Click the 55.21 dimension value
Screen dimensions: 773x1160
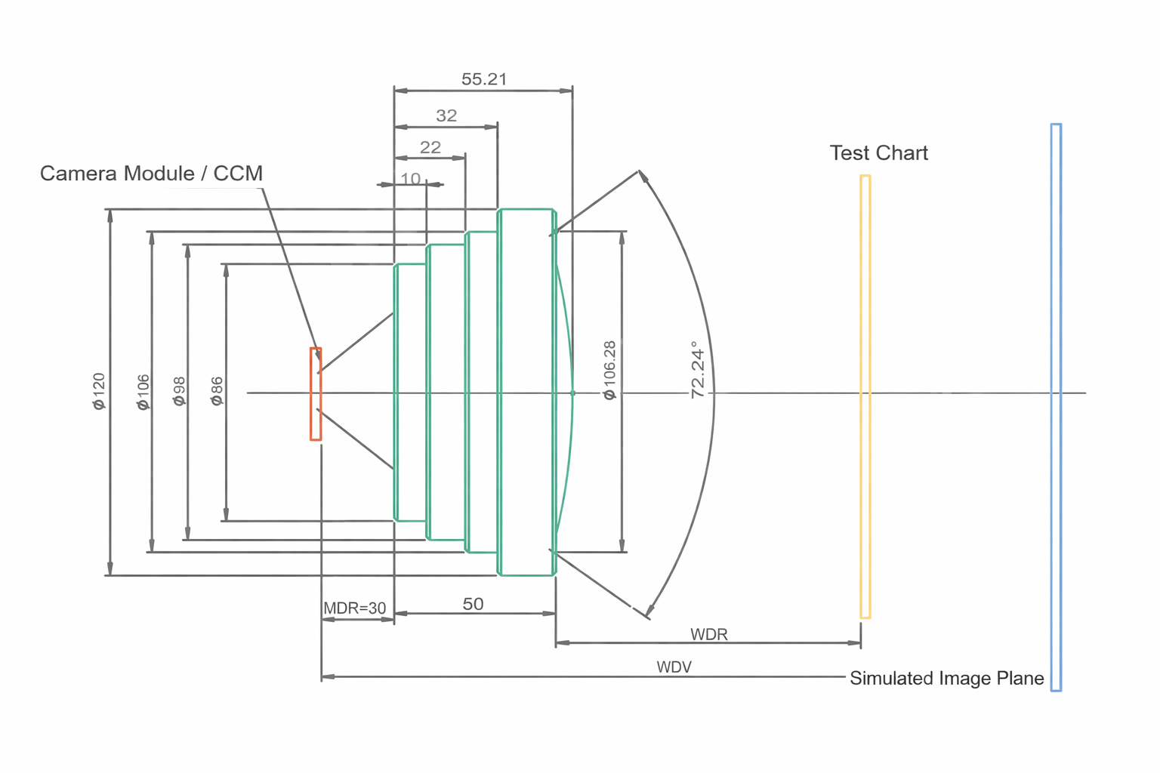(x=484, y=79)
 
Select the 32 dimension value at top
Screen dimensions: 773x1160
(x=446, y=115)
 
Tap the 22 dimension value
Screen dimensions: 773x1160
(x=430, y=147)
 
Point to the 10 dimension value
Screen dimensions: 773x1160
(x=410, y=179)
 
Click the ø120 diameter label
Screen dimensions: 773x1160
(x=99, y=391)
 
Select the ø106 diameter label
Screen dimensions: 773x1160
(x=143, y=392)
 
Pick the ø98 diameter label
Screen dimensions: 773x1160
(x=179, y=391)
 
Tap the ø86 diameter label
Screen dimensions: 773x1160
(x=217, y=391)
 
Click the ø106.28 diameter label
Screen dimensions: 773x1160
(x=609, y=370)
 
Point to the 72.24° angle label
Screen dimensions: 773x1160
(x=698, y=369)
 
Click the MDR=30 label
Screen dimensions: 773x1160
(x=354, y=608)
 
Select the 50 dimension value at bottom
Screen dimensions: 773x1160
(x=473, y=604)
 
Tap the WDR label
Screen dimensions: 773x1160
(x=708, y=634)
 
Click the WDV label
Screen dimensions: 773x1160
(x=674, y=667)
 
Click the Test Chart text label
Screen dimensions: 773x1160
(x=878, y=153)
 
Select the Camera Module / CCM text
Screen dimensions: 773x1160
(x=151, y=174)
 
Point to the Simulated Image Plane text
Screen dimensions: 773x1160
(x=946, y=678)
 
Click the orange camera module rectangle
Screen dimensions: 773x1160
(x=316, y=393)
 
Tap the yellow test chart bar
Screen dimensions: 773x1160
(x=865, y=396)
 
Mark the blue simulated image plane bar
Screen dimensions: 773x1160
(x=1056, y=408)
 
